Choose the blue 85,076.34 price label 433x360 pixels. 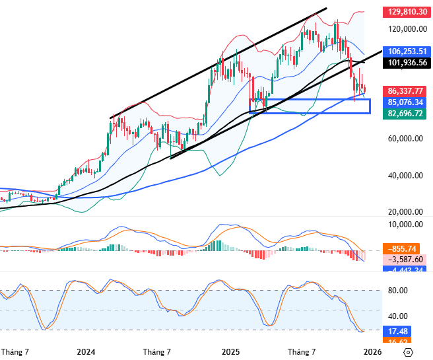tap(406, 102)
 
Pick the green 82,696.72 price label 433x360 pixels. tap(406, 114)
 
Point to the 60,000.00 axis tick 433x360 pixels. tap(405, 139)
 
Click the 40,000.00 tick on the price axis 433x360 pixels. tap(405, 176)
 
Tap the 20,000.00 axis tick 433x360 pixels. tap(405, 212)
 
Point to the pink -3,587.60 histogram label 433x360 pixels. tap(406, 260)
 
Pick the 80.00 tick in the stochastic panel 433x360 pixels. tap(396, 291)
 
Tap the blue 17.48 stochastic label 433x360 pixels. tap(396, 331)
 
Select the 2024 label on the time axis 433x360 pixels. tap(86, 352)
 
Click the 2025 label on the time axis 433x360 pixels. tap(230, 352)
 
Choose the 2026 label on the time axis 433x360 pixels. tap(374, 352)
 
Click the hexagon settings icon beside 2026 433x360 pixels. tap(409, 352)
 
